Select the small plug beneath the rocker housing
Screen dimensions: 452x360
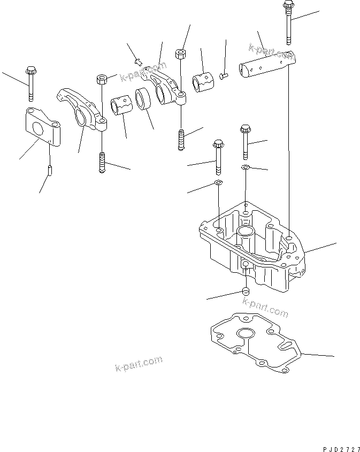coord(245,292)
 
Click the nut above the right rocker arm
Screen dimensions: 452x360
coord(180,53)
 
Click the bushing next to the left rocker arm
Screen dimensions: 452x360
coord(121,104)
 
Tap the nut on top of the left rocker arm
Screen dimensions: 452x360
coord(102,80)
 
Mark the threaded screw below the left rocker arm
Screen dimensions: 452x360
coord(102,162)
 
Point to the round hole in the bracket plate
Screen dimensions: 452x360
coord(38,129)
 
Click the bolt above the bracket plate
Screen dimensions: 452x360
coord(31,83)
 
